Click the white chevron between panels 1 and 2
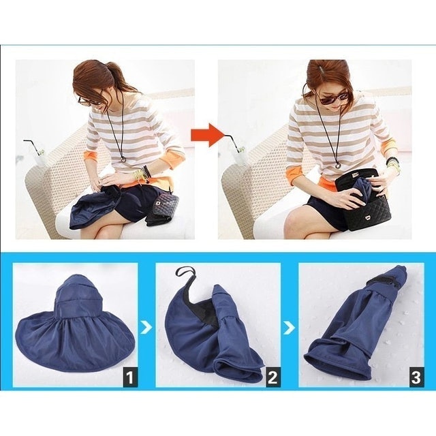click(146, 328)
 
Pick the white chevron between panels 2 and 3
click(290, 328)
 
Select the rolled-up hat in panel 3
click(361, 327)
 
